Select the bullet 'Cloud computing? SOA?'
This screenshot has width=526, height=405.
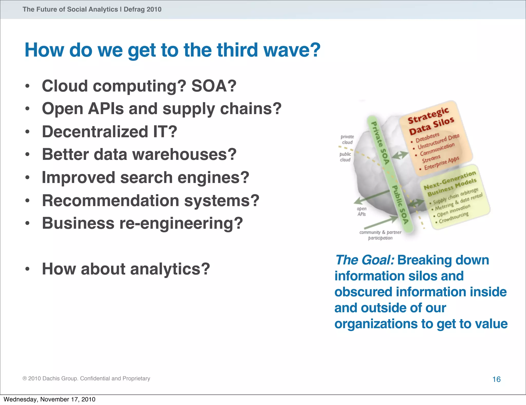(x=139, y=86)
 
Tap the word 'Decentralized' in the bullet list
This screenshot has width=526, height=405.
(x=95, y=132)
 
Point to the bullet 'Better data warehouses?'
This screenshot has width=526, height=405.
(x=139, y=154)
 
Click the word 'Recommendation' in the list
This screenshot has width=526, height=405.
(x=110, y=200)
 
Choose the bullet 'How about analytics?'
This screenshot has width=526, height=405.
(x=126, y=269)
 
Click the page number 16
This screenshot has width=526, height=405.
(x=496, y=379)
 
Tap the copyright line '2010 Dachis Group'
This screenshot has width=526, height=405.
(x=86, y=378)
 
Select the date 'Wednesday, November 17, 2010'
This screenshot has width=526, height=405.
(x=49, y=399)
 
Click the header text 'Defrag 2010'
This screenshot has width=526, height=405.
(x=143, y=10)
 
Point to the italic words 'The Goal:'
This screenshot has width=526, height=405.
(x=364, y=260)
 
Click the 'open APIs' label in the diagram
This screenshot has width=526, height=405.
(x=361, y=211)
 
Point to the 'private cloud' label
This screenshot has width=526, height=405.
(x=347, y=139)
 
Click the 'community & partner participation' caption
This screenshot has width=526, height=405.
(x=380, y=235)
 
